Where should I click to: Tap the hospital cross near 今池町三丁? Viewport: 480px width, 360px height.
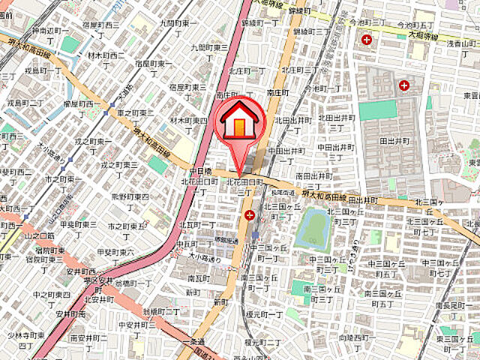[x=366, y=39]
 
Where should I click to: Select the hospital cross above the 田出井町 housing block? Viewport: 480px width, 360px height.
[x=404, y=85]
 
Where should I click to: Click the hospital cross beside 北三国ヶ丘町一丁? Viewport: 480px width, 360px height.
[x=248, y=216]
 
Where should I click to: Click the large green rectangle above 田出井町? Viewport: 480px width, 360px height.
[x=377, y=110]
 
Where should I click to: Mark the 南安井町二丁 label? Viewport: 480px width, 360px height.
[x=89, y=343]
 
